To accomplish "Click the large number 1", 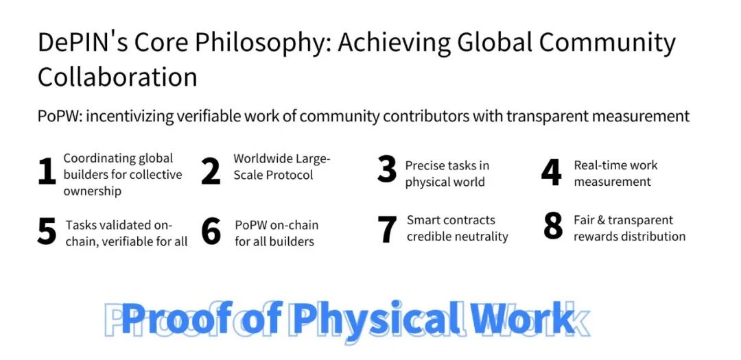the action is click(47, 172).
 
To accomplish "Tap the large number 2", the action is click(211, 171).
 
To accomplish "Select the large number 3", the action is click(386, 171).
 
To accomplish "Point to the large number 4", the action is click(551, 172).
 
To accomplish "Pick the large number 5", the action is click(47, 231).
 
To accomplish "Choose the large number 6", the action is click(211, 231).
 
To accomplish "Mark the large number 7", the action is click(387, 230).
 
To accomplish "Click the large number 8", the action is click(553, 226).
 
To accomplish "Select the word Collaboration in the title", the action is click(117, 77).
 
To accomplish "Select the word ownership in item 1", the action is click(93, 191).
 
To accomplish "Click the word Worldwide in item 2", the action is click(263, 158).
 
